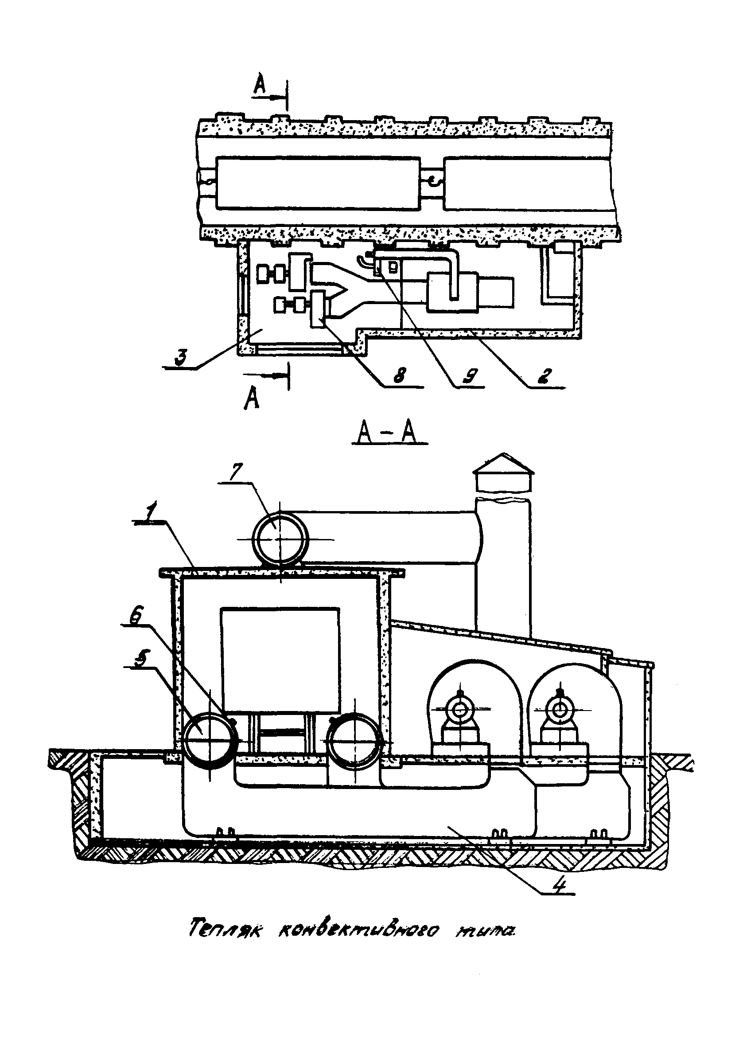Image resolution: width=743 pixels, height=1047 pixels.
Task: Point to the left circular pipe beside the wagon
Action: click(x=210, y=740)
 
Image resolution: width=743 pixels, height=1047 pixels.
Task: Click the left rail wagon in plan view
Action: click(x=318, y=183)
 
